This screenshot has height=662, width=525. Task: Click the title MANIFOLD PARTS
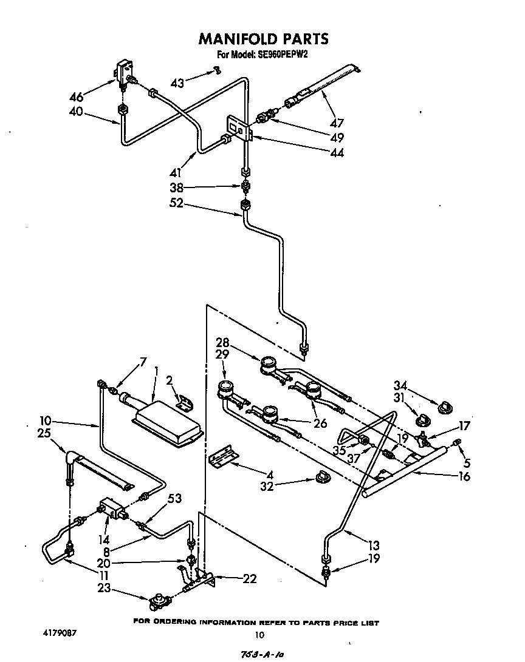tap(263, 39)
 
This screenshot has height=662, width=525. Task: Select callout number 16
tap(464, 477)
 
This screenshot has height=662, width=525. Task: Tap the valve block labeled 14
tap(111, 507)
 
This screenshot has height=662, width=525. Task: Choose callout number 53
tap(174, 499)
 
